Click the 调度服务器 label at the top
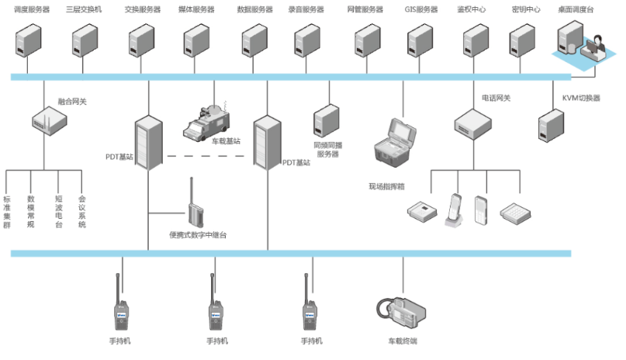coord(32,9)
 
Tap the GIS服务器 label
coord(421,9)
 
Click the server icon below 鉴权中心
coord(474,40)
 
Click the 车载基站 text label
coord(226,140)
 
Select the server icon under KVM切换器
coord(551,124)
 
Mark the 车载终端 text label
coord(403,341)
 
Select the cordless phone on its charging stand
coord(455,209)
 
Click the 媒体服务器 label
coord(198,9)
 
